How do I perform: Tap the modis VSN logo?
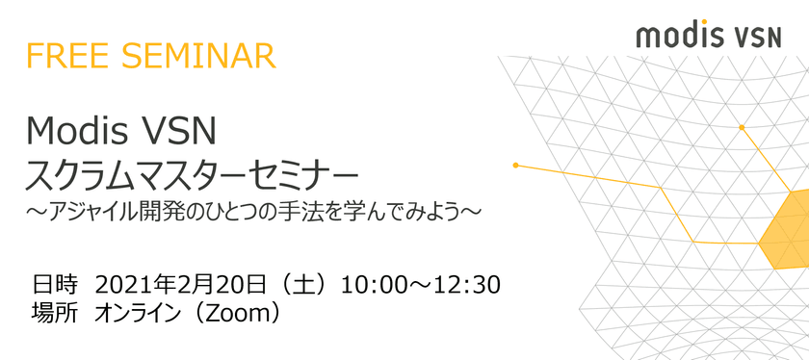709,35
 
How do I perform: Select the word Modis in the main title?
77,131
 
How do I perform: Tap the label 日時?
55,285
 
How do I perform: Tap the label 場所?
55,313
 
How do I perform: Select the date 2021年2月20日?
181,285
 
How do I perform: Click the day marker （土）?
301,285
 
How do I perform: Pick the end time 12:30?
468,285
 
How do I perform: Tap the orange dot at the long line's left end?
515,165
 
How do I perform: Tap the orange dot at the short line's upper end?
742,127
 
